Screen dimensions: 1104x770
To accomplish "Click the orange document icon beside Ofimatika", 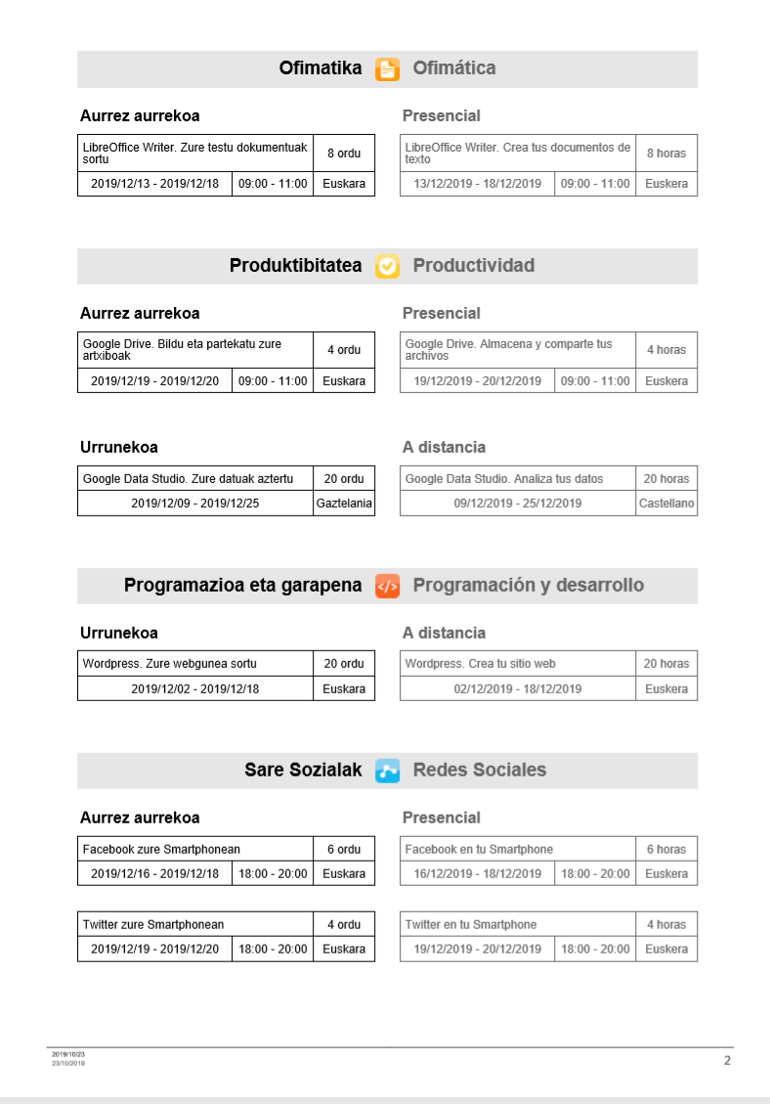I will [x=388, y=68].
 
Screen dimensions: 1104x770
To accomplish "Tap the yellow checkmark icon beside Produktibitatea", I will [x=388, y=266].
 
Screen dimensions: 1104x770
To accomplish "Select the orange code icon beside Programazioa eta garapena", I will [x=388, y=586].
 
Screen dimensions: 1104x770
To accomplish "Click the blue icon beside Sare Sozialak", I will [x=388, y=771].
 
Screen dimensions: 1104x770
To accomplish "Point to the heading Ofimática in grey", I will [x=454, y=68].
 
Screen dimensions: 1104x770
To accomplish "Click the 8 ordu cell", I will [x=344, y=154].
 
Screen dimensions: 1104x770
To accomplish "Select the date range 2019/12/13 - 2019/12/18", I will [x=154, y=184].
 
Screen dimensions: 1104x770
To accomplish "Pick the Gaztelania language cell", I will [x=344, y=504].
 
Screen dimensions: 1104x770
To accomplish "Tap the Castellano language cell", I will [x=666, y=504].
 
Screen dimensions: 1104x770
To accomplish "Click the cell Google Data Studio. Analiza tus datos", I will [x=504, y=479].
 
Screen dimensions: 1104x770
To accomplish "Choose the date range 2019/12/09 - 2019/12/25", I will [x=195, y=504].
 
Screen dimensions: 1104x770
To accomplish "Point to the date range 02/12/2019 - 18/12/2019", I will [x=518, y=689].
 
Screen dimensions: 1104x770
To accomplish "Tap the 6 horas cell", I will [x=666, y=850].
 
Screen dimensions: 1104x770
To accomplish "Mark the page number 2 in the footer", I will [x=727, y=1060].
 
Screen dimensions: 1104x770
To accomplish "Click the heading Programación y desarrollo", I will [x=529, y=586].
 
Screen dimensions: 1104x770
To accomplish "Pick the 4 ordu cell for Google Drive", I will [x=344, y=350].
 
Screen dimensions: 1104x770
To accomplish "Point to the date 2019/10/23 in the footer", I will [x=68, y=1054].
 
